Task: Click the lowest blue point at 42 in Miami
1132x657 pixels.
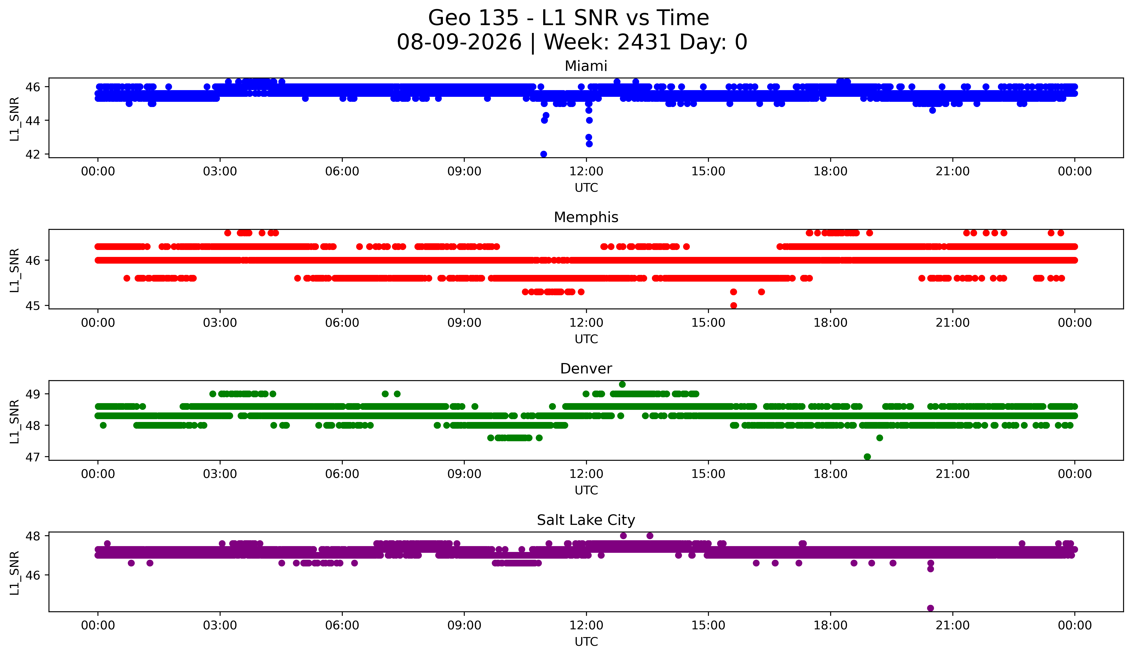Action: click(544, 154)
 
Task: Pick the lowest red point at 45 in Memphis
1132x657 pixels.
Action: click(734, 305)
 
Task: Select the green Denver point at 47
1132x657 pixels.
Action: click(867, 457)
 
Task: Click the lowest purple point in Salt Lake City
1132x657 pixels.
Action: click(930, 608)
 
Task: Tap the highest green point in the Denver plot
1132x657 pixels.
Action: click(622, 384)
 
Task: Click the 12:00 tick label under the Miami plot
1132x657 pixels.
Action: click(586, 172)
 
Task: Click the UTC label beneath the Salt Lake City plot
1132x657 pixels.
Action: click(586, 642)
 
